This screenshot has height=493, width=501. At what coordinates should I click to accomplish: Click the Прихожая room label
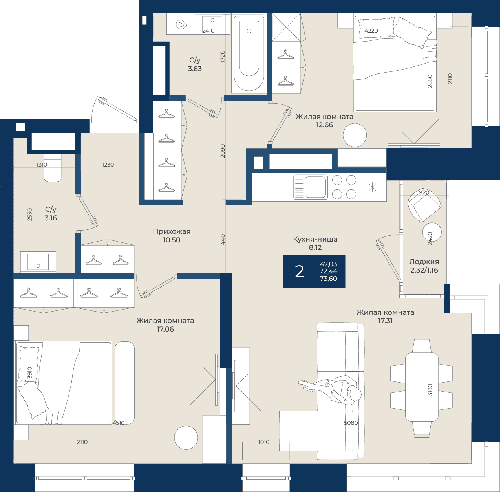[172, 231]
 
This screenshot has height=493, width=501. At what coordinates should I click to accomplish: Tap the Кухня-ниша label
[315, 239]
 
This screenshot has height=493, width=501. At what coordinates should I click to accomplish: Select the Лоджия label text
[424, 262]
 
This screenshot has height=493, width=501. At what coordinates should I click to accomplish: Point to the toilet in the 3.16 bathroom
[53, 168]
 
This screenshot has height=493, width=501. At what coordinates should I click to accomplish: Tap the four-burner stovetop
[344, 187]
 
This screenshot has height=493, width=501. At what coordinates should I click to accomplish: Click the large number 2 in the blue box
[300, 271]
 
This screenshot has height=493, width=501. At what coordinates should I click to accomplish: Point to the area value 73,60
[328, 279]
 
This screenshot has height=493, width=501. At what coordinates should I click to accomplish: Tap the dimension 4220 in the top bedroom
[371, 31]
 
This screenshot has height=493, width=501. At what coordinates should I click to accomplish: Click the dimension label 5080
[351, 423]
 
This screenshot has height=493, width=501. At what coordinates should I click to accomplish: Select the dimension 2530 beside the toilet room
[29, 214]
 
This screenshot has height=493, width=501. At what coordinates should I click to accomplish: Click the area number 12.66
[324, 125]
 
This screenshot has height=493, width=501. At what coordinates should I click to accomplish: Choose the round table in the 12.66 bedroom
[355, 135]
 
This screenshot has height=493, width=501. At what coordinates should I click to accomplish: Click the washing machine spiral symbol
[181, 24]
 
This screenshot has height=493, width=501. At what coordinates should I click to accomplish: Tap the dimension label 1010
[263, 442]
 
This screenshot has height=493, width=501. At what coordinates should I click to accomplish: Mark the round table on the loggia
[432, 232]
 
